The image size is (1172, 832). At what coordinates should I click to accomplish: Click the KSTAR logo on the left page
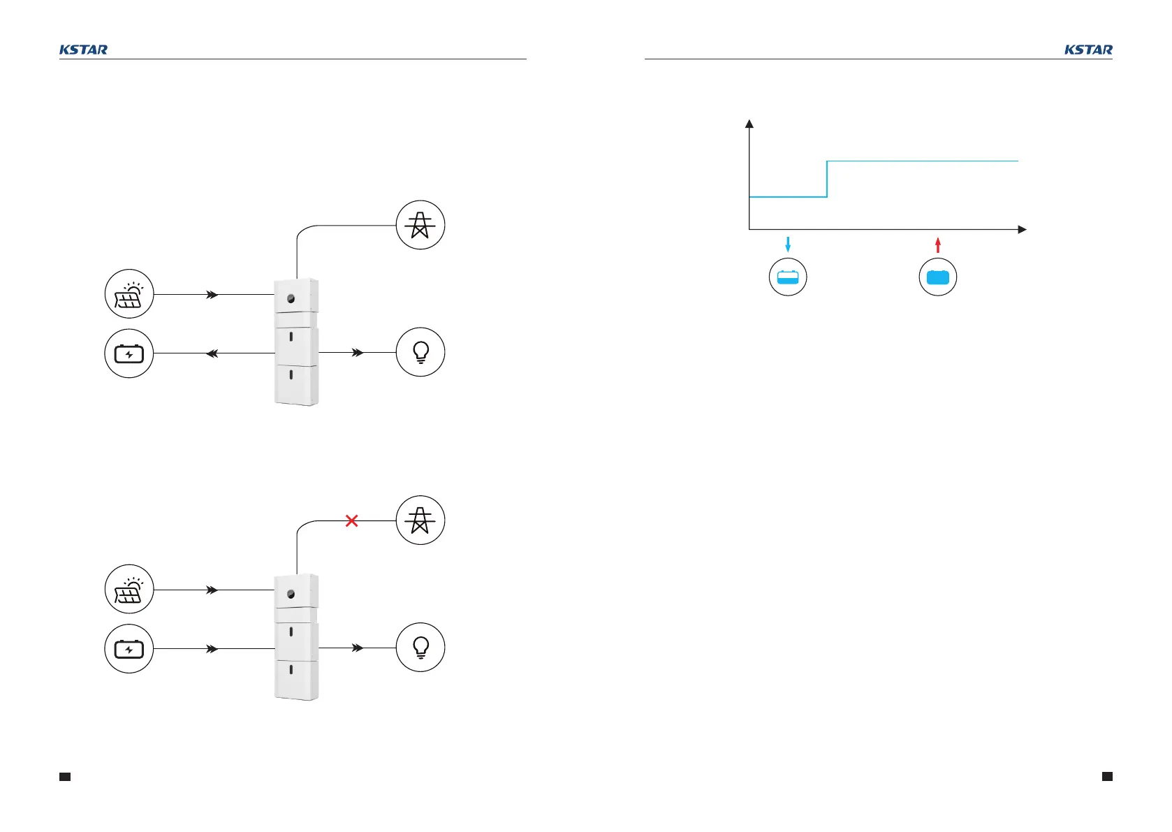(83, 50)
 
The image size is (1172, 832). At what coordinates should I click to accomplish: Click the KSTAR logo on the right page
(1088, 50)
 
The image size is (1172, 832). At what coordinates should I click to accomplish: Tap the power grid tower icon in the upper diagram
(420, 225)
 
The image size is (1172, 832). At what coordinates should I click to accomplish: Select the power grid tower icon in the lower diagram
(420, 520)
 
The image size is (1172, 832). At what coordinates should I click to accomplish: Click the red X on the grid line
(352, 520)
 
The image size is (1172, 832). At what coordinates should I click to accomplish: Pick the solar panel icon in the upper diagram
(129, 294)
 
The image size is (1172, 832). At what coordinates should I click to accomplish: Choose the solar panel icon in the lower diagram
(129, 590)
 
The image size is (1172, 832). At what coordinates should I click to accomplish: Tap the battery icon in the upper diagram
(129, 353)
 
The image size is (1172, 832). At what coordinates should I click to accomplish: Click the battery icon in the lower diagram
(129, 649)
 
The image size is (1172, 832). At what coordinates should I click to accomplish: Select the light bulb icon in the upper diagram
(420, 352)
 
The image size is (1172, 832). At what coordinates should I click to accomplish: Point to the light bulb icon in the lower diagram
(420, 648)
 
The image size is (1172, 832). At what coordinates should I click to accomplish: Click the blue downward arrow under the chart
(788, 244)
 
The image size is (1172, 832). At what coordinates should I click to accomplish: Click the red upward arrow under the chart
(938, 244)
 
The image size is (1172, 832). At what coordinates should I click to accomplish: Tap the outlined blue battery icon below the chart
(788, 277)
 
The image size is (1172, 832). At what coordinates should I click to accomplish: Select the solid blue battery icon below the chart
(938, 277)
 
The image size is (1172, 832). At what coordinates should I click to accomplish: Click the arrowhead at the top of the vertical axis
(749, 124)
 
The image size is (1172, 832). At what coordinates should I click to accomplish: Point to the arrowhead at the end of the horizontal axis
(1022, 229)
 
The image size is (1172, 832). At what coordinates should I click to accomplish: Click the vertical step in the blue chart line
(827, 180)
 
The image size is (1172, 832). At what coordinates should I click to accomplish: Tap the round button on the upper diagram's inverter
(291, 298)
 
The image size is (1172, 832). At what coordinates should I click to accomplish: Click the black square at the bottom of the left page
(65, 776)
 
